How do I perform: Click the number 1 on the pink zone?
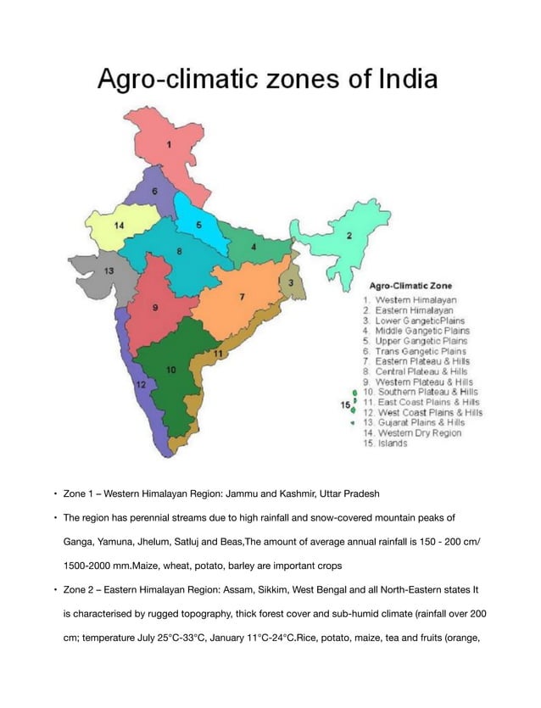click(x=169, y=145)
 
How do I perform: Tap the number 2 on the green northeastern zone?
click(x=349, y=236)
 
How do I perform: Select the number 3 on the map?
click(x=291, y=282)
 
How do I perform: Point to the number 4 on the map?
click(x=254, y=247)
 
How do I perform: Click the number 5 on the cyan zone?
click(x=198, y=225)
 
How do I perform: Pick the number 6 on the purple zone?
click(x=154, y=192)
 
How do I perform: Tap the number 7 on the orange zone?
click(x=242, y=297)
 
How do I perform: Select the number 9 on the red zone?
click(x=154, y=309)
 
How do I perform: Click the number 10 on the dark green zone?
click(x=170, y=370)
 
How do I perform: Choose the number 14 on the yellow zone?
click(x=120, y=226)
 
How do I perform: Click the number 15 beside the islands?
click(x=344, y=404)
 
